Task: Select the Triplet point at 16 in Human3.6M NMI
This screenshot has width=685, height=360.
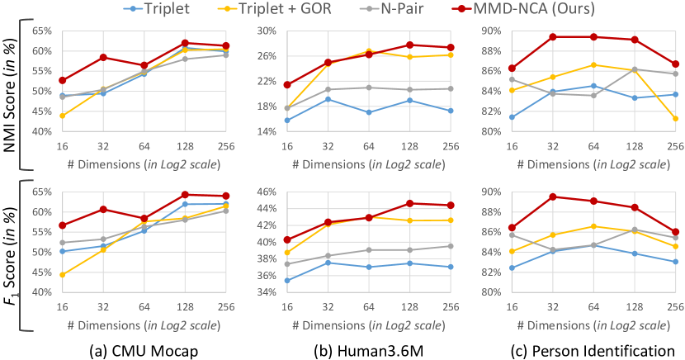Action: point(287,121)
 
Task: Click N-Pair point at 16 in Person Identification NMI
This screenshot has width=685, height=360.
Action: point(513,79)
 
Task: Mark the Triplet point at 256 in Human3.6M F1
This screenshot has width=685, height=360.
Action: point(450,267)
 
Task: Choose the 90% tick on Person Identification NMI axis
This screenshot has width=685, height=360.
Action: point(489,31)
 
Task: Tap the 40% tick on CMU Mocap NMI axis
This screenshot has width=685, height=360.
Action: point(40,131)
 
